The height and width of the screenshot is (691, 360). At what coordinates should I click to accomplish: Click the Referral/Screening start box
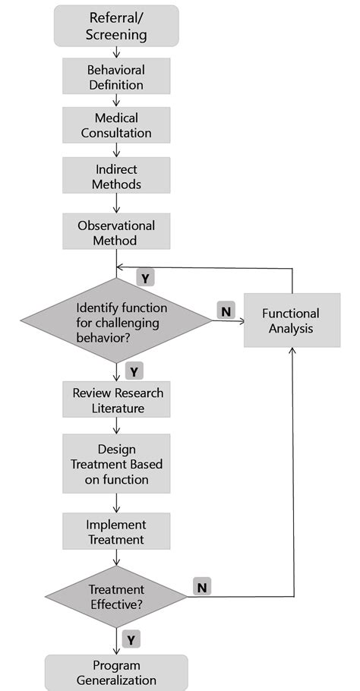pos(116,26)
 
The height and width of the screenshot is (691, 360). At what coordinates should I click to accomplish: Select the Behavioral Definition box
pos(116,77)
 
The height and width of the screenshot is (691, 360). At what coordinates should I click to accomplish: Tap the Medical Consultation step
pos(116,125)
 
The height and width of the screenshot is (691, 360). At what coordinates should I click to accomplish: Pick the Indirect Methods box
pos(116,176)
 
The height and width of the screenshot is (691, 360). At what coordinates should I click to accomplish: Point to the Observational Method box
pos(116,233)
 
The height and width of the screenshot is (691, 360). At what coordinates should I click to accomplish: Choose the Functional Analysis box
pos(291,320)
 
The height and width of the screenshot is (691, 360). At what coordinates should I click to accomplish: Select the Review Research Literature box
pos(116,400)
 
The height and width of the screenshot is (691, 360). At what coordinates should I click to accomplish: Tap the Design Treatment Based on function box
pos(116,464)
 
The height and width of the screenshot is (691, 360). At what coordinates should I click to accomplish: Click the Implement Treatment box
pos(116,531)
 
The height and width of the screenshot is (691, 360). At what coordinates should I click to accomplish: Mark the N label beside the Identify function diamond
pos(226,311)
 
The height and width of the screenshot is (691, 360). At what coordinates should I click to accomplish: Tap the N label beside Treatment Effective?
pos(203,586)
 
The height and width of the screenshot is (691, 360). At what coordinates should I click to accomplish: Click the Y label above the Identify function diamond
pos(145,278)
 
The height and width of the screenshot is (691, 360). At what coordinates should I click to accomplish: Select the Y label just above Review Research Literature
pos(134,371)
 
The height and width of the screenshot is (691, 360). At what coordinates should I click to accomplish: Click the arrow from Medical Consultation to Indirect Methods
pos(116,151)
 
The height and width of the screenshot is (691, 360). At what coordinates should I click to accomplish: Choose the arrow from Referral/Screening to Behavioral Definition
pos(116,52)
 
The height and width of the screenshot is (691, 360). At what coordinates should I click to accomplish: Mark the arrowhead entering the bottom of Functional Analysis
pos(292,352)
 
